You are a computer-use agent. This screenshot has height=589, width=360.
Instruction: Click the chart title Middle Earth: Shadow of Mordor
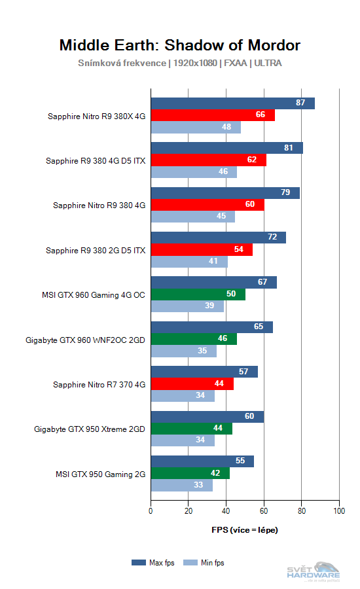180,45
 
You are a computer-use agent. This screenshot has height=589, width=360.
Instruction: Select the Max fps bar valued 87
232,103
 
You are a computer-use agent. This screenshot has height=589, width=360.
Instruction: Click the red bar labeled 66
213,115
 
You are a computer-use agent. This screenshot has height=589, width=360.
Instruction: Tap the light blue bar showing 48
196,127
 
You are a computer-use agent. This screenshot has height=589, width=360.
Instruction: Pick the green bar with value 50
198,294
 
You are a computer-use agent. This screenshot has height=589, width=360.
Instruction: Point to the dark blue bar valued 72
218,237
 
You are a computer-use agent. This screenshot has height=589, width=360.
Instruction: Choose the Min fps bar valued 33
181,486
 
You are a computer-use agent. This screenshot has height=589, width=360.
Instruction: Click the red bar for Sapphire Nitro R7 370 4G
192,384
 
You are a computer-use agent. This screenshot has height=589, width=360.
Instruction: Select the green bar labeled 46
194,339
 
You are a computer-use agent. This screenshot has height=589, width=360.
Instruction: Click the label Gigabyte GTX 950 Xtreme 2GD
90,429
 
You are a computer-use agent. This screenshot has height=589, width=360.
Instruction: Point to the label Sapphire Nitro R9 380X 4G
96,116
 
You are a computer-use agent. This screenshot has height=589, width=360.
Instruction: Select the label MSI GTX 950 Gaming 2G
101,474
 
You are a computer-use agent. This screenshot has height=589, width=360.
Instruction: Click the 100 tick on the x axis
339,510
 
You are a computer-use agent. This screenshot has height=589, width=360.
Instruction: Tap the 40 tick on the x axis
226,510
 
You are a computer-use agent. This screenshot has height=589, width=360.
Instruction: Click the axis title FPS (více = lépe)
245,529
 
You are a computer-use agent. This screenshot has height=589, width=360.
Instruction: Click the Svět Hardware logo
314,571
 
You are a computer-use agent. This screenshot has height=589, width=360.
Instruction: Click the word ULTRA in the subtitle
267,63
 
